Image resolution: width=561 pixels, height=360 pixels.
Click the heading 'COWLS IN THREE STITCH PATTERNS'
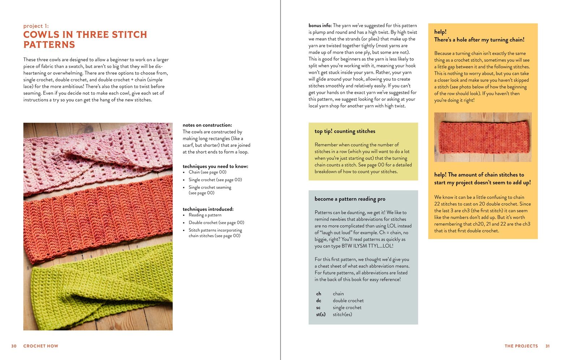tap(85, 39)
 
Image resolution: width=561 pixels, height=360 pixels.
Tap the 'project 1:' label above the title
tap(36, 26)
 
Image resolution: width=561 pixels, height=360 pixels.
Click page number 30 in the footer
tap(14, 346)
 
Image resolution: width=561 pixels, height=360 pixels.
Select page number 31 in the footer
tap(547, 346)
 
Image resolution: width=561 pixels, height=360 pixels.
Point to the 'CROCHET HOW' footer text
tap(40, 346)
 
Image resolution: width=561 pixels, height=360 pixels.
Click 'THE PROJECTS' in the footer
tap(521, 346)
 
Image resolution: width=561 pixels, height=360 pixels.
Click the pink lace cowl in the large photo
tap(90, 152)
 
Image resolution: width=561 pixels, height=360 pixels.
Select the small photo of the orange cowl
tap(483, 137)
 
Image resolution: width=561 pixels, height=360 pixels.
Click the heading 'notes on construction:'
tap(207, 125)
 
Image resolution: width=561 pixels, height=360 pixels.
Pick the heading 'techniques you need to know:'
tap(215, 166)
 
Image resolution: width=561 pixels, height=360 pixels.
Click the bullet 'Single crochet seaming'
tap(210, 187)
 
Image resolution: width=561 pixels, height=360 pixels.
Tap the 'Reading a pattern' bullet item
tap(205, 215)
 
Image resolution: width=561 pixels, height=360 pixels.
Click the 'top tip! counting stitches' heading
tap(344, 131)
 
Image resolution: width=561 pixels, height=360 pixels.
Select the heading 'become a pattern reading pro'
tap(350, 199)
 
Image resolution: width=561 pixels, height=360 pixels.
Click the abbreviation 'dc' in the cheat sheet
tap(318, 300)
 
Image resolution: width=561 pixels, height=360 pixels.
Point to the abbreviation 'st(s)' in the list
tap(321, 314)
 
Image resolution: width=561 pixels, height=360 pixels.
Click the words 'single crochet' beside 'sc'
tap(347, 308)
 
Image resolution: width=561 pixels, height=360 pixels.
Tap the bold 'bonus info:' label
tap(320, 26)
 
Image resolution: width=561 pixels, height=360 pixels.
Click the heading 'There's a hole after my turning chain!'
tap(479, 40)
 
